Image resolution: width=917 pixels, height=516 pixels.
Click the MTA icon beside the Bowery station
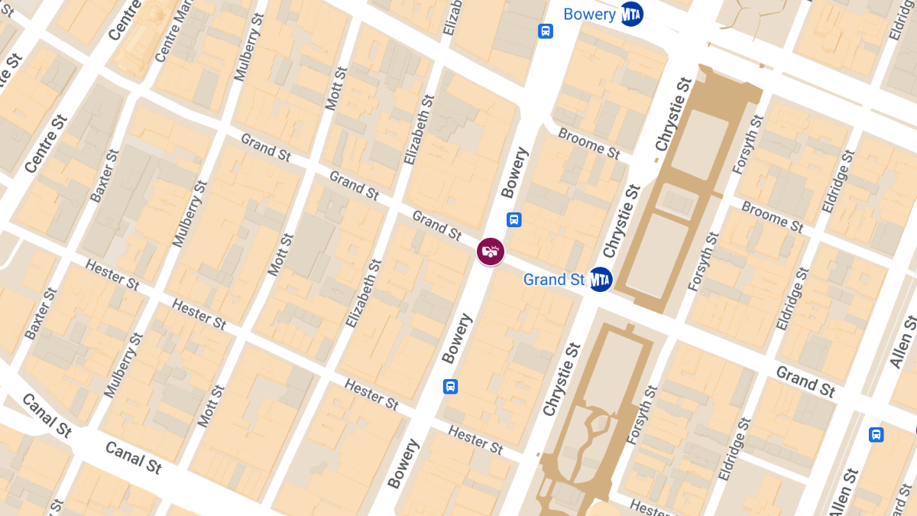click(x=631, y=14)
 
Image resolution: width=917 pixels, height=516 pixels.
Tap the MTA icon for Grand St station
click(x=601, y=280)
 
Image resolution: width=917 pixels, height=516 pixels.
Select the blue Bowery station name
click(x=589, y=14)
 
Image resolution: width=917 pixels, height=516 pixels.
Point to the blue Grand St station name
click(x=554, y=280)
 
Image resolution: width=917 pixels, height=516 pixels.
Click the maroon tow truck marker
click(x=491, y=251)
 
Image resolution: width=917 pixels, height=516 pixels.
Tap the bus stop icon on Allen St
click(x=876, y=434)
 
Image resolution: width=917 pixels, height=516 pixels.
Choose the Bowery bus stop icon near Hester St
click(x=451, y=386)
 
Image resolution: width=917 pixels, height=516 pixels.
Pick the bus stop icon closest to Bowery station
click(x=546, y=31)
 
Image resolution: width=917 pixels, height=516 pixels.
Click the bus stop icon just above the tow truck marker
click(x=514, y=219)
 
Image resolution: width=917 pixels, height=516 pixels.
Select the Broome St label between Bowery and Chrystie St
click(x=588, y=144)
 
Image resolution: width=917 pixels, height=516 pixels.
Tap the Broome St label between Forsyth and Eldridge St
click(x=772, y=217)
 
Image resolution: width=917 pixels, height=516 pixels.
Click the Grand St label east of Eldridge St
click(x=805, y=381)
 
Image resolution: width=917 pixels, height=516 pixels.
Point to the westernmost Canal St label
click(x=46, y=415)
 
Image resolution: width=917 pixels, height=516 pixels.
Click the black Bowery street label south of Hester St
click(x=403, y=464)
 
